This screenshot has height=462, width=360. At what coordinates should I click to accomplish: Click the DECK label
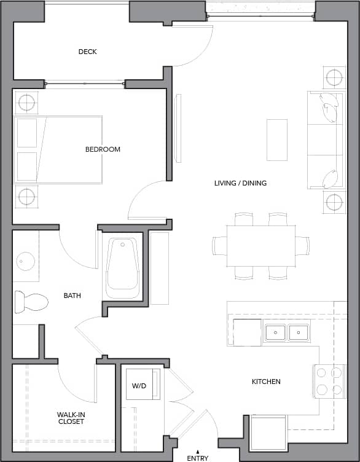coord(88,52)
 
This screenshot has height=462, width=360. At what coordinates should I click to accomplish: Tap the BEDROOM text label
coord(103,149)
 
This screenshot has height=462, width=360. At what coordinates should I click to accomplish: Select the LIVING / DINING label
coord(240,183)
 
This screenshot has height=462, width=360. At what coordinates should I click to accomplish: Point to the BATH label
coord(72,296)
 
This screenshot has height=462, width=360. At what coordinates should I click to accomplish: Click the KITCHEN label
coord(266,382)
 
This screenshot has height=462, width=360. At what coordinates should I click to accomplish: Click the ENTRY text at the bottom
coord(198,458)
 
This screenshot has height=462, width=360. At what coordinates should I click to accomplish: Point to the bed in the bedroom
coord(58,149)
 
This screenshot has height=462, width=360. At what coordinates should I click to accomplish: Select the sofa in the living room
coord(324,140)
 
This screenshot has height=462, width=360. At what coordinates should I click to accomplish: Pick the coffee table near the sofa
coord(276,139)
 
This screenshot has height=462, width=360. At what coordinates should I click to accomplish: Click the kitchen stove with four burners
coord(328,381)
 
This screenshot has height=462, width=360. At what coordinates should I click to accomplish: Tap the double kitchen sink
coord(287,333)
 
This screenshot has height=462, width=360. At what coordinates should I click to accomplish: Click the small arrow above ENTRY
coord(197,451)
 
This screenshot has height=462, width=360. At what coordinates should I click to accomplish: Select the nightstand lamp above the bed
coord(26,103)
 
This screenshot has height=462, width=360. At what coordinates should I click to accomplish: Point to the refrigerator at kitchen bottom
coord(268,433)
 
